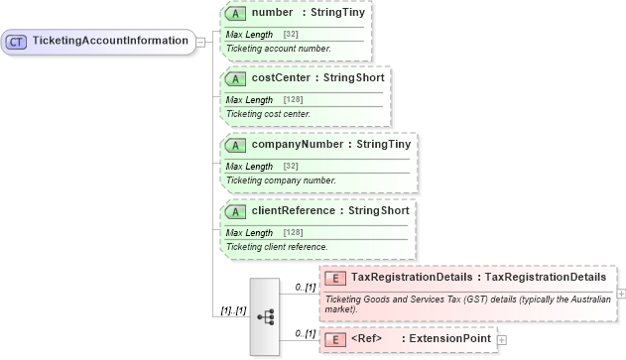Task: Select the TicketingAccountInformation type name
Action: pyautogui.click(x=111, y=42)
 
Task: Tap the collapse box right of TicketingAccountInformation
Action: pyautogui.click(x=200, y=42)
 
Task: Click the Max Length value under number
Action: pyautogui.click(x=291, y=35)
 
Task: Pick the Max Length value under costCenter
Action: pyautogui.click(x=293, y=99)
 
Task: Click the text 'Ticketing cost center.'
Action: pyautogui.click(x=268, y=113)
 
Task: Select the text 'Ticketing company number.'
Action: pyautogui.click(x=281, y=180)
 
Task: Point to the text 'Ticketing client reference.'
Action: pyautogui.click(x=277, y=246)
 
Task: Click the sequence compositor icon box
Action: pyautogui.click(x=265, y=316)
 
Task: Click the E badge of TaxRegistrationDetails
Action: pyautogui.click(x=335, y=278)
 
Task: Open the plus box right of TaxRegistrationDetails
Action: pyautogui.click(x=621, y=294)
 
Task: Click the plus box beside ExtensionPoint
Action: pyautogui.click(x=501, y=340)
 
